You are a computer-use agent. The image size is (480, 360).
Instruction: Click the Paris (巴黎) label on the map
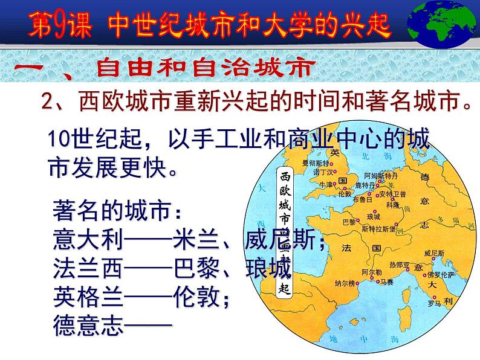pos(349,221)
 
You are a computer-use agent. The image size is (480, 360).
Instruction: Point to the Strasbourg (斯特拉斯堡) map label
pos(379,229)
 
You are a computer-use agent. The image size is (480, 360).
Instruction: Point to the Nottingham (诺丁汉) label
pos(320,172)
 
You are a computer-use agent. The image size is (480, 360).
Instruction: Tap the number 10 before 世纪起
pos(60,140)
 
